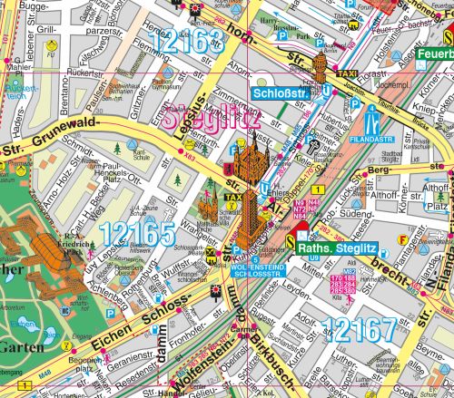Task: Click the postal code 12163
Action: coord(188,41)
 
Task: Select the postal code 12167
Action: coord(359,331)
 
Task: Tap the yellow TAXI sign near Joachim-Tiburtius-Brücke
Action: coord(347,73)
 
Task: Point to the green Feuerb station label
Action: coord(435,53)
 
